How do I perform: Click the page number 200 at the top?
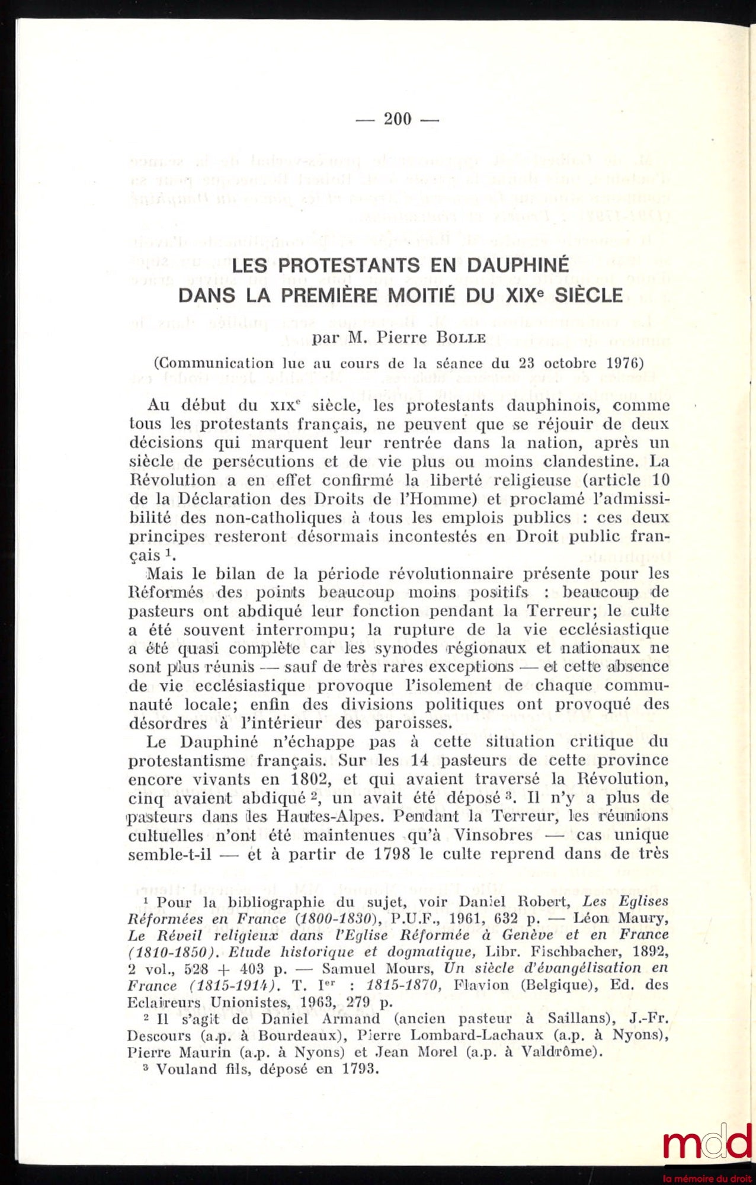click(397, 119)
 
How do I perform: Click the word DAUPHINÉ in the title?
click(517, 265)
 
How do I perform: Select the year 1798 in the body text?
click(392, 854)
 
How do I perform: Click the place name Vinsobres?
click(493, 835)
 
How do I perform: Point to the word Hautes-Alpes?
click(329, 816)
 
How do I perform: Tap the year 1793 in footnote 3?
click(360, 1069)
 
